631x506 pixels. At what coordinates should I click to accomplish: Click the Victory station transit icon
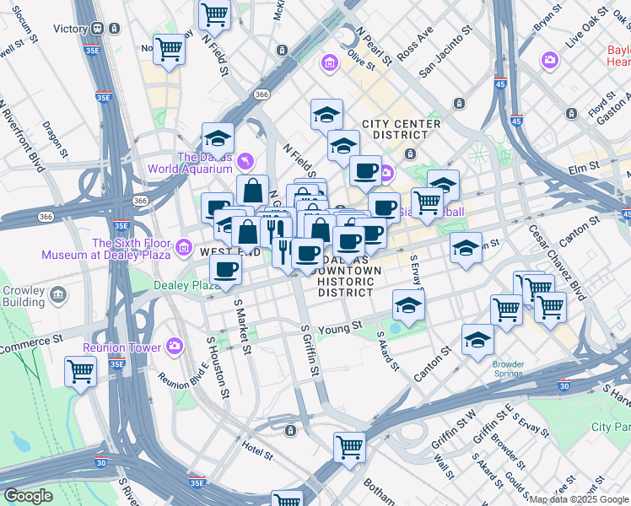(x=98, y=28)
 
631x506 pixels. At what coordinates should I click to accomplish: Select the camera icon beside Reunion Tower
(x=175, y=345)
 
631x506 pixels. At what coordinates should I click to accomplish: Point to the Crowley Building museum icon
(x=58, y=294)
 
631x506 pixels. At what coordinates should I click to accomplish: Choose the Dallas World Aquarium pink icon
(x=245, y=159)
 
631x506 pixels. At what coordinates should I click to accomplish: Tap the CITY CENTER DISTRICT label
(x=401, y=129)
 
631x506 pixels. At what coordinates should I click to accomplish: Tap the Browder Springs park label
(x=509, y=369)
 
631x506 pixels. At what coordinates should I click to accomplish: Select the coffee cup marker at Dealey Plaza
(x=225, y=270)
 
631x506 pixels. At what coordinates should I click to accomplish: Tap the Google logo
(x=28, y=496)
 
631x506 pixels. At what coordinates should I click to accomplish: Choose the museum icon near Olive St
(x=329, y=63)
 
